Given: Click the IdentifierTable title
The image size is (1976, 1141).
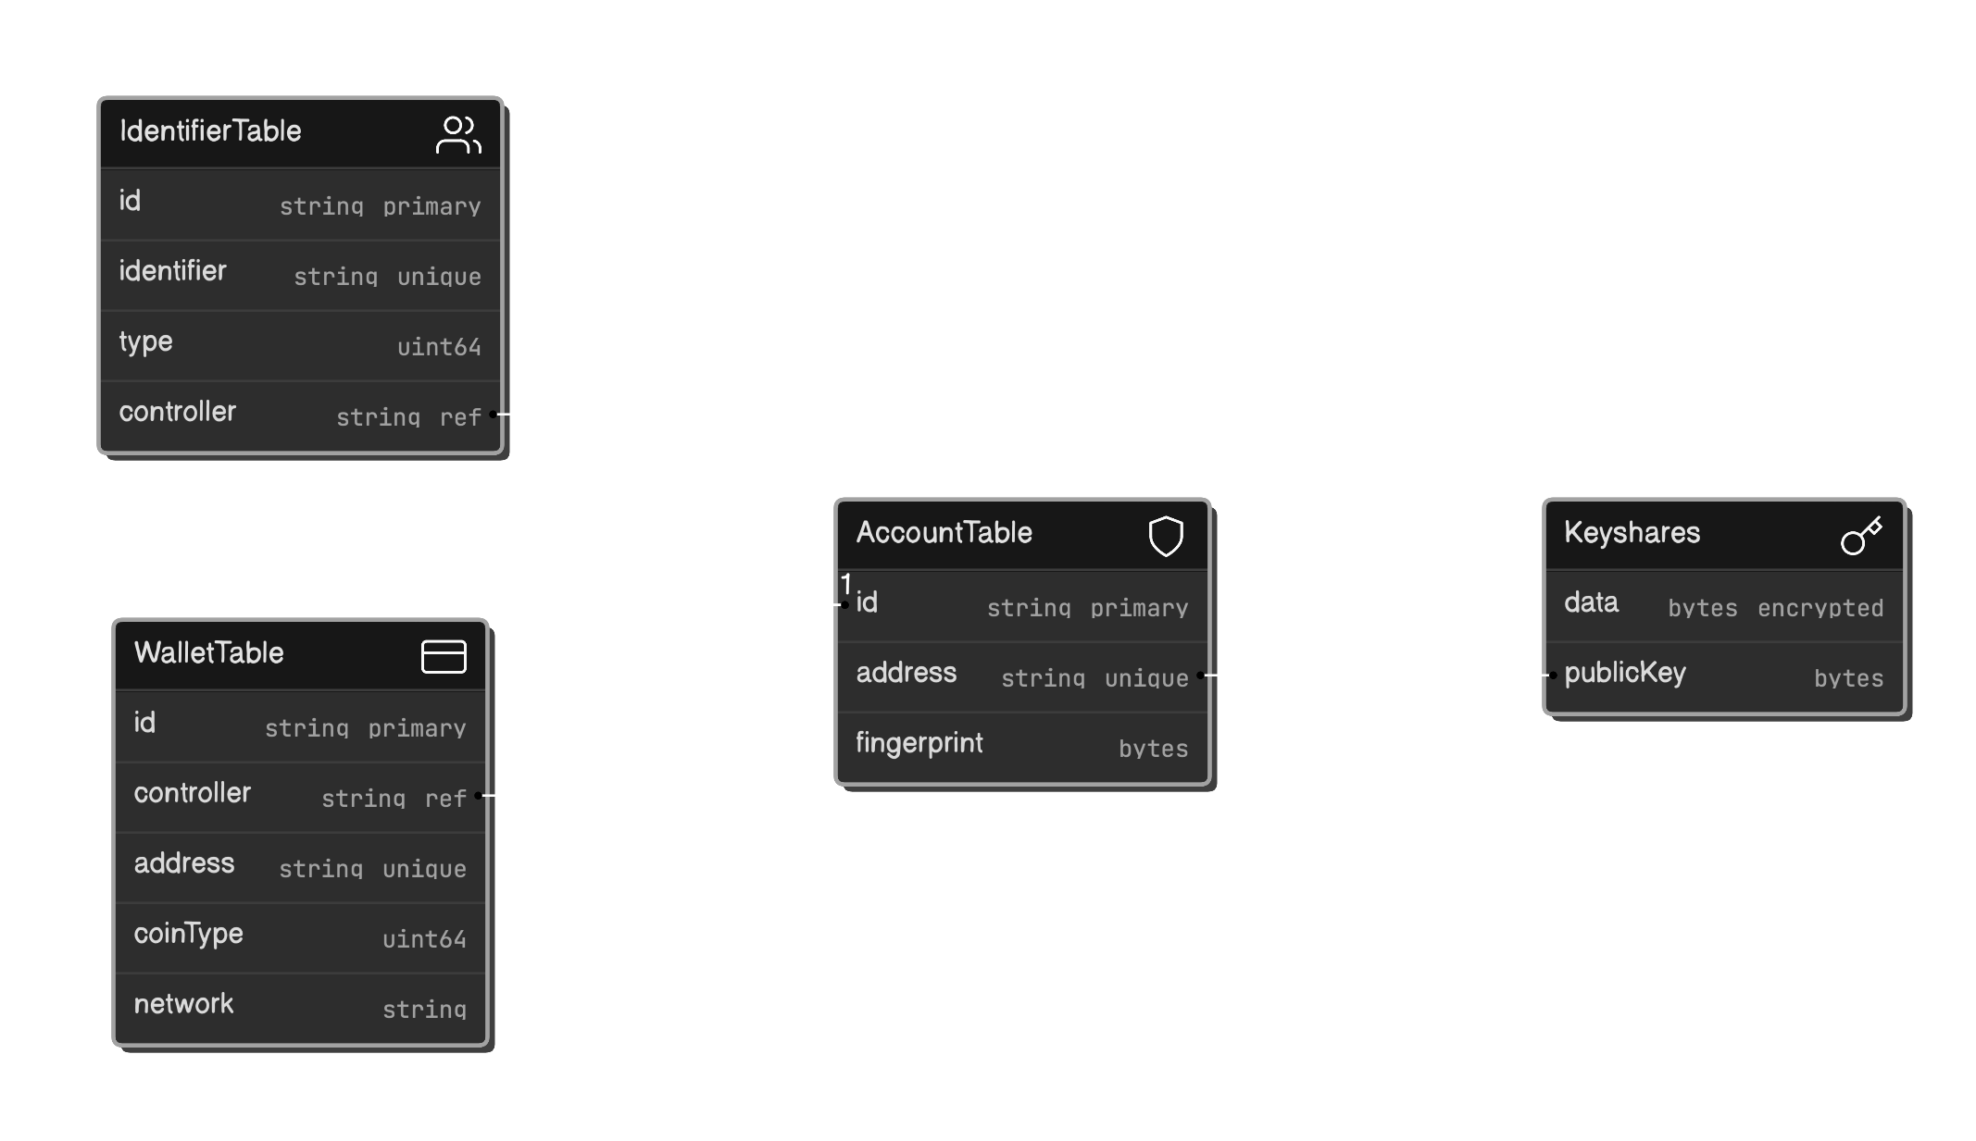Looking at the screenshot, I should [210, 131].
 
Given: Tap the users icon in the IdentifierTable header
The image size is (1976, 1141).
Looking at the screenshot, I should [458, 135].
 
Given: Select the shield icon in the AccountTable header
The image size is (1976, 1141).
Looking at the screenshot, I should [1166, 536].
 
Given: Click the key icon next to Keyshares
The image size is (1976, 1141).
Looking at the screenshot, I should [1861, 536].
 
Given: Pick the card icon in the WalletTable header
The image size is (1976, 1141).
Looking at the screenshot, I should [444, 656].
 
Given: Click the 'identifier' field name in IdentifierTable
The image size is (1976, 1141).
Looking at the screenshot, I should [172, 271].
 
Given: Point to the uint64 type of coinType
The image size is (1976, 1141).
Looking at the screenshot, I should [424, 939].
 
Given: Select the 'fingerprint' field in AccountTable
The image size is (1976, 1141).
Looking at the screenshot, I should [919, 743].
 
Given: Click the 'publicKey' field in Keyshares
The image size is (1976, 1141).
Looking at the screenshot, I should [1624, 673].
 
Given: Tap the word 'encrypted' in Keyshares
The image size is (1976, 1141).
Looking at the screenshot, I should [1820, 608].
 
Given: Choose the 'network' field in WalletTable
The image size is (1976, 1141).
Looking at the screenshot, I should [183, 1004].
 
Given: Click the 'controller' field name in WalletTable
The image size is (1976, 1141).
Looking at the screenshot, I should [192, 793].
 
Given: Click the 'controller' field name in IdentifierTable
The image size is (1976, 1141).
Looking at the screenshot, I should [177, 412].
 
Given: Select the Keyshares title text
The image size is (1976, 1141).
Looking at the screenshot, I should [1632, 533].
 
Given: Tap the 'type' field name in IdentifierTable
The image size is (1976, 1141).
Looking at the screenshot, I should [145, 341].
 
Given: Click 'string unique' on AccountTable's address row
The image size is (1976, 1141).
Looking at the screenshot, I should [1094, 678].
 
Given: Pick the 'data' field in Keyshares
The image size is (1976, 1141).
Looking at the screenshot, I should [1591, 602].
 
